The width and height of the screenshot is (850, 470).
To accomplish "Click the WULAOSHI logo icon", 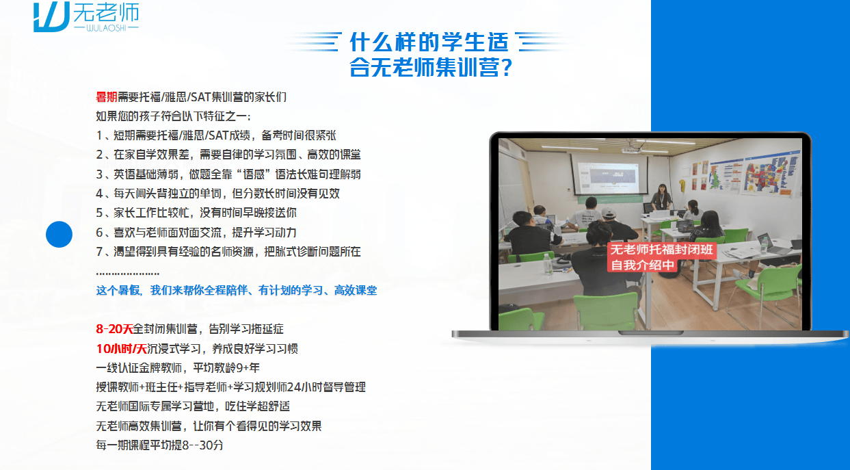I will pyautogui.click(x=51, y=17).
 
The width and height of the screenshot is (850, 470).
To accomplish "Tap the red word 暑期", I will pyautogui.click(x=107, y=97).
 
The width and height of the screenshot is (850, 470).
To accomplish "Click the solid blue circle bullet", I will pyautogui.click(x=59, y=235).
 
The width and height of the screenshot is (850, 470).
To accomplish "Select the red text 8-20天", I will pyautogui.click(x=114, y=329).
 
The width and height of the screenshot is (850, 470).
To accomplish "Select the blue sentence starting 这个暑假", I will pyautogui.click(x=237, y=291).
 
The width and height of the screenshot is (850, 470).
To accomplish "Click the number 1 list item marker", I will pyautogui.click(x=100, y=135).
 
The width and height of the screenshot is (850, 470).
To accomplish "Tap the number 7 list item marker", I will pyautogui.click(x=100, y=252).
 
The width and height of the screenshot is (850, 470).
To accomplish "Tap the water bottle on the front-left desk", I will pyautogui.click(x=547, y=264).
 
